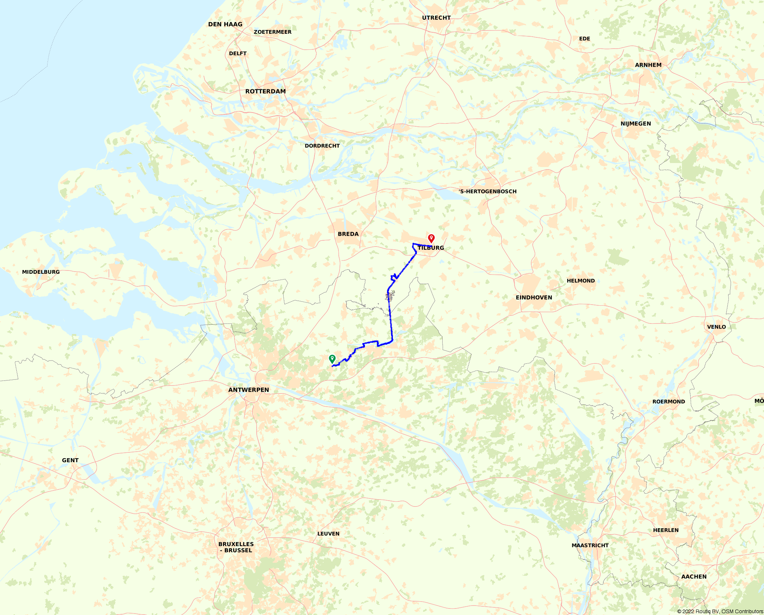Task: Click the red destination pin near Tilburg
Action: pyautogui.click(x=431, y=238)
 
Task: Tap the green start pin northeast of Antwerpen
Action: pyautogui.click(x=332, y=359)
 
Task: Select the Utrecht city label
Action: pyautogui.click(x=436, y=18)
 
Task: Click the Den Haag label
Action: pyautogui.click(x=225, y=24)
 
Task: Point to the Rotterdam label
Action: pyautogui.click(x=265, y=91)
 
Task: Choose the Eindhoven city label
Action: pyautogui.click(x=534, y=298)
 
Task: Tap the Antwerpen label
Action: pyautogui.click(x=249, y=390)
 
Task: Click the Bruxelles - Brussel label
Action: pyautogui.click(x=236, y=547)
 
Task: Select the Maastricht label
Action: pyautogui.click(x=590, y=545)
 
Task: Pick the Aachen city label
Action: pyautogui.click(x=694, y=577)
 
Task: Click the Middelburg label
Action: pyautogui.click(x=41, y=272)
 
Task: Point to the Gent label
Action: pyautogui.click(x=70, y=460)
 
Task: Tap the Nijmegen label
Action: pyautogui.click(x=636, y=124)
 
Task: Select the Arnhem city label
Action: pyautogui.click(x=648, y=65)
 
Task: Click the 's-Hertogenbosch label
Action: pyautogui.click(x=488, y=191)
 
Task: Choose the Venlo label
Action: pyautogui.click(x=716, y=327)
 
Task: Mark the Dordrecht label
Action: pyautogui.click(x=322, y=146)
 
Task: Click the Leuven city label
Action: pyautogui.click(x=328, y=534)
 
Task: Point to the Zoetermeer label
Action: pyautogui.click(x=272, y=32)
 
